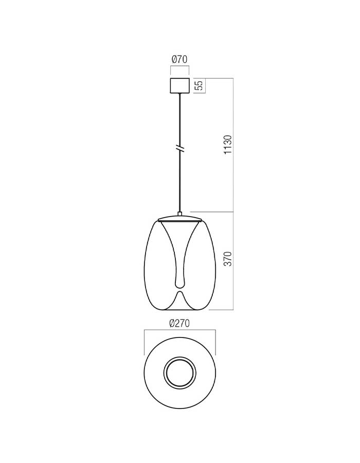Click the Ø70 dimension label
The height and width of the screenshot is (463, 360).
[x=179, y=59]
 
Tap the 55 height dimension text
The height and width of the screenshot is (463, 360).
[x=200, y=85]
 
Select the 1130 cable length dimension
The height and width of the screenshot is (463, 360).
[x=228, y=145]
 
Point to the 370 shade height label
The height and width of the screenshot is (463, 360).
[x=228, y=259]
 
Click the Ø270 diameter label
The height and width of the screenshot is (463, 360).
[x=179, y=324]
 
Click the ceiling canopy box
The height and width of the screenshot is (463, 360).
[x=179, y=85]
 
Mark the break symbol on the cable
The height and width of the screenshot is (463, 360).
[x=179, y=149]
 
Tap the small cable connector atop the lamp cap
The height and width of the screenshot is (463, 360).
[x=179, y=213]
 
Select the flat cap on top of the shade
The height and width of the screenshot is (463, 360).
[x=179, y=219]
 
